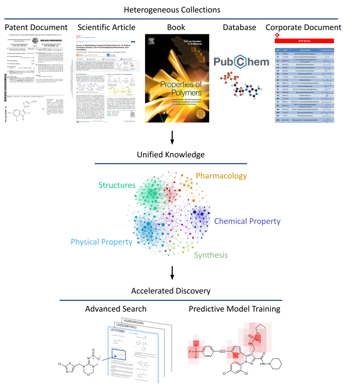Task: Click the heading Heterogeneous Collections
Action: coord(172,10)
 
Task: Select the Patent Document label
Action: coord(36,27)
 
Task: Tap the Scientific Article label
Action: coord(106,27)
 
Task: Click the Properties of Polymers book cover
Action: coord(177,78)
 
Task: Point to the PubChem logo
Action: coord(241,62)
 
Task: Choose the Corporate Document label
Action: coord(303,27)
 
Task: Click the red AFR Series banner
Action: coord(304,41)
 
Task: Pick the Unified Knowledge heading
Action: coord(171,155)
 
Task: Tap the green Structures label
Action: coord(117,185)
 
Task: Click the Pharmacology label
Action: coord(221,176)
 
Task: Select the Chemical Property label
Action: coord(247,221)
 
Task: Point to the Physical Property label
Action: coord(101,242)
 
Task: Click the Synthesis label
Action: coord(211,255)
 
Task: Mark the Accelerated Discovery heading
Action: coord(171,291)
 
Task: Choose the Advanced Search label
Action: coord(116,309)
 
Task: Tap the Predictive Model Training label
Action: coord(234,309)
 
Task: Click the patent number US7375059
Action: coord(117,331)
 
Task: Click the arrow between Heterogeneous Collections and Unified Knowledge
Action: coord(172,138)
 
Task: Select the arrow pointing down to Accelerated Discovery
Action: coord(172,273)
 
